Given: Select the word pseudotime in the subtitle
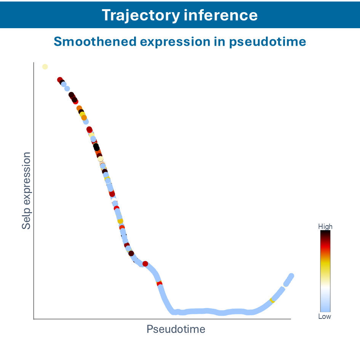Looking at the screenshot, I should [268, 41].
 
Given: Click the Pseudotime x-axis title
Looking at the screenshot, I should [176, 329].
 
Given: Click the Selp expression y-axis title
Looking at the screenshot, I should [26, 190].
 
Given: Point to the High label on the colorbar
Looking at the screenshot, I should [325, 227].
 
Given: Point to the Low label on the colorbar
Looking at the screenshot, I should [325, 317].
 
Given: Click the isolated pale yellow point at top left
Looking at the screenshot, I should [45, 67].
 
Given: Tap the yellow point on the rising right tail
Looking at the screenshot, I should [272, 301].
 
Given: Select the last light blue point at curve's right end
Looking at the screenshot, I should [291, 276].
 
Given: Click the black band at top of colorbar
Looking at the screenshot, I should [325, 233].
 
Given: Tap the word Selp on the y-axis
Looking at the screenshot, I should [26, 221].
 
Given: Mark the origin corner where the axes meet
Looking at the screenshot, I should [34, 318].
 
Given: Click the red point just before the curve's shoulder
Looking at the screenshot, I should [145, 264].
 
